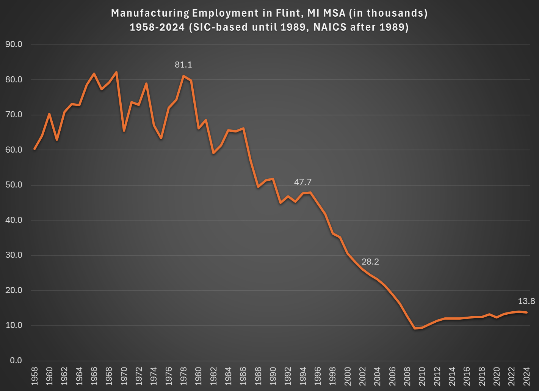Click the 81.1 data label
tap(183, 65)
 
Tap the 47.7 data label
tap(302, 182)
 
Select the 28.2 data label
tap(370, 262)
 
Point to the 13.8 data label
tap(526, 301)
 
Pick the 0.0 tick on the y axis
tap(16, 361)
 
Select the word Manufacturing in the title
tap(150, 13)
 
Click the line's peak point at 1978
tap(183, 76)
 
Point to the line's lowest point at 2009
tap(415, 328)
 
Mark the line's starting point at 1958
tap(34, 149)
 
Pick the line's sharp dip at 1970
tap(124, 131)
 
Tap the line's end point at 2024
tap(526, 312)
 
